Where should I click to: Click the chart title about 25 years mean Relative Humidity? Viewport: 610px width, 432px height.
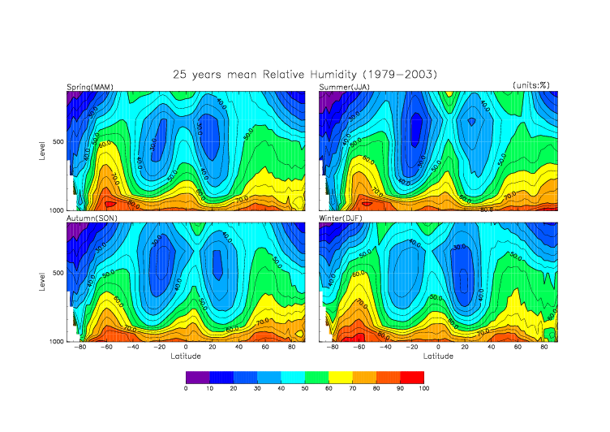(x=305, y=74)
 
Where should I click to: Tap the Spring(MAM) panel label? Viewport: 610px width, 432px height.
(x=90, y=87)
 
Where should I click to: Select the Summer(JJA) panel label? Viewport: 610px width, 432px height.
(x=344, y=87)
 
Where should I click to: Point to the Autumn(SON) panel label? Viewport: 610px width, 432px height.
(x=91, y=218)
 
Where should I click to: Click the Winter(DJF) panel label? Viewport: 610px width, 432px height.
(x=342, y=218)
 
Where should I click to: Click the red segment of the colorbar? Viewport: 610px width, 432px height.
(x=411, y=377)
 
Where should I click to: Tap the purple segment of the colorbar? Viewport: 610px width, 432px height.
(x=198, y=377)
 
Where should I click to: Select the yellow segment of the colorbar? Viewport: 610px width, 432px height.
(x=341, y=377)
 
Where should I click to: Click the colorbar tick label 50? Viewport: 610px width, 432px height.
(x=305, y=389)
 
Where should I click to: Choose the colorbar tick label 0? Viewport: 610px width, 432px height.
(x=186, y=389)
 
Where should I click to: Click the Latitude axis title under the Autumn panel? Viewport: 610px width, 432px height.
(x=186, y=356)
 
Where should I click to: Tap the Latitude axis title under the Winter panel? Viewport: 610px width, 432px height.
(x=438, y=356)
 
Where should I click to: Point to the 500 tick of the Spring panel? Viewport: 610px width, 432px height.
(x=58, y=142)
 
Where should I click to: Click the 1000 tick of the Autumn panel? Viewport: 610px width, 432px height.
(x=56, y=342)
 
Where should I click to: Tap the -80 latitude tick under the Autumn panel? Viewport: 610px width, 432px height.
(x=79, y=348)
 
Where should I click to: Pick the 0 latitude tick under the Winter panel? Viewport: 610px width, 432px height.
(x=438, y=348)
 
